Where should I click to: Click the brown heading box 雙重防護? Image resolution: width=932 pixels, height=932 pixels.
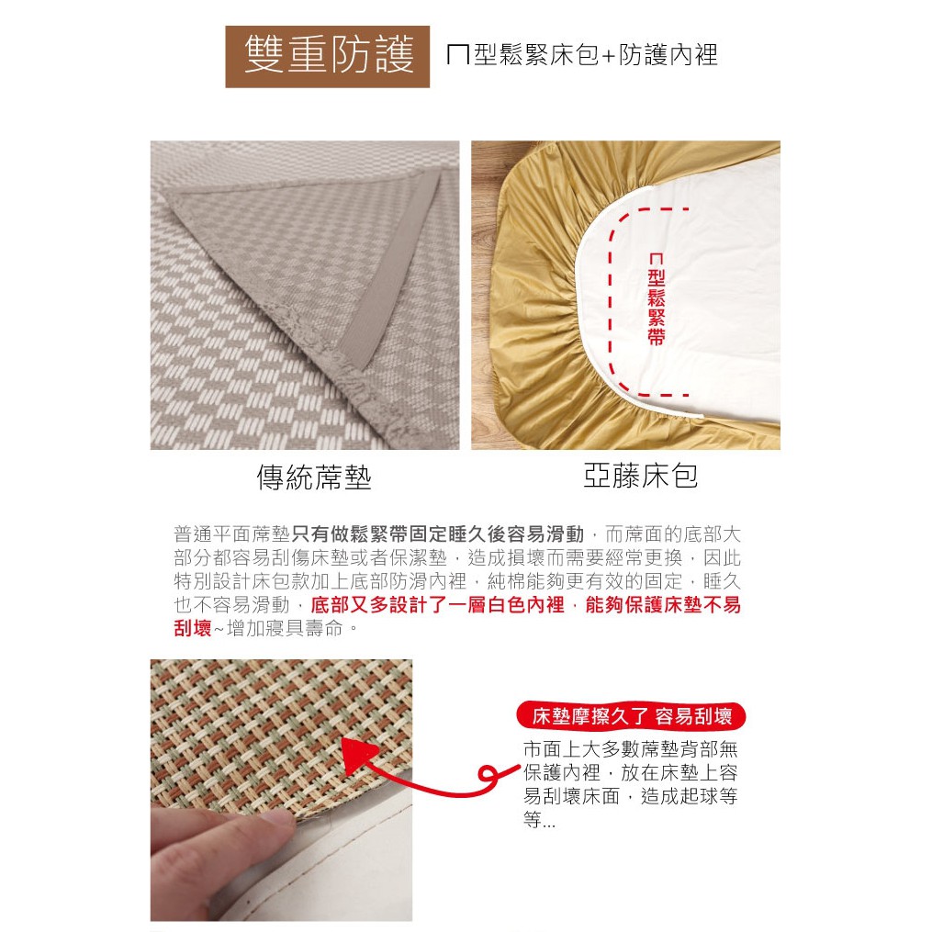tap(327, 56)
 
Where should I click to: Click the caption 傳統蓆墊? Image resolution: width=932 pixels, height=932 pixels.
tap(314, 477)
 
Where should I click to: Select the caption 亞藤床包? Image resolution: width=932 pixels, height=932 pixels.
tap(640, 476)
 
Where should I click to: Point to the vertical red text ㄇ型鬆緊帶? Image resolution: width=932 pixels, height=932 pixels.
tap(656, 299)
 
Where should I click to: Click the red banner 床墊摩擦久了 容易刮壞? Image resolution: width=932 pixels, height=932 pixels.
tap(631, 715)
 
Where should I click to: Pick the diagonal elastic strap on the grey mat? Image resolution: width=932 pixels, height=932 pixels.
tap(399, 267)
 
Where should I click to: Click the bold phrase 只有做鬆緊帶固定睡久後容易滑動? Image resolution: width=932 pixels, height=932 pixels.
tap(438, 534)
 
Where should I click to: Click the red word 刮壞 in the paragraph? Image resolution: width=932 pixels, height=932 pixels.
tap(193, 628)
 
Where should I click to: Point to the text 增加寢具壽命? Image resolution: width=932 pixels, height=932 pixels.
tap(286, 628)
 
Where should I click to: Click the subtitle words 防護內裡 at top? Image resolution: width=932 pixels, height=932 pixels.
tap(668, 55)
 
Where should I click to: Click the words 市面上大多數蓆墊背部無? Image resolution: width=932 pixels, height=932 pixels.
tap(631, 749)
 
